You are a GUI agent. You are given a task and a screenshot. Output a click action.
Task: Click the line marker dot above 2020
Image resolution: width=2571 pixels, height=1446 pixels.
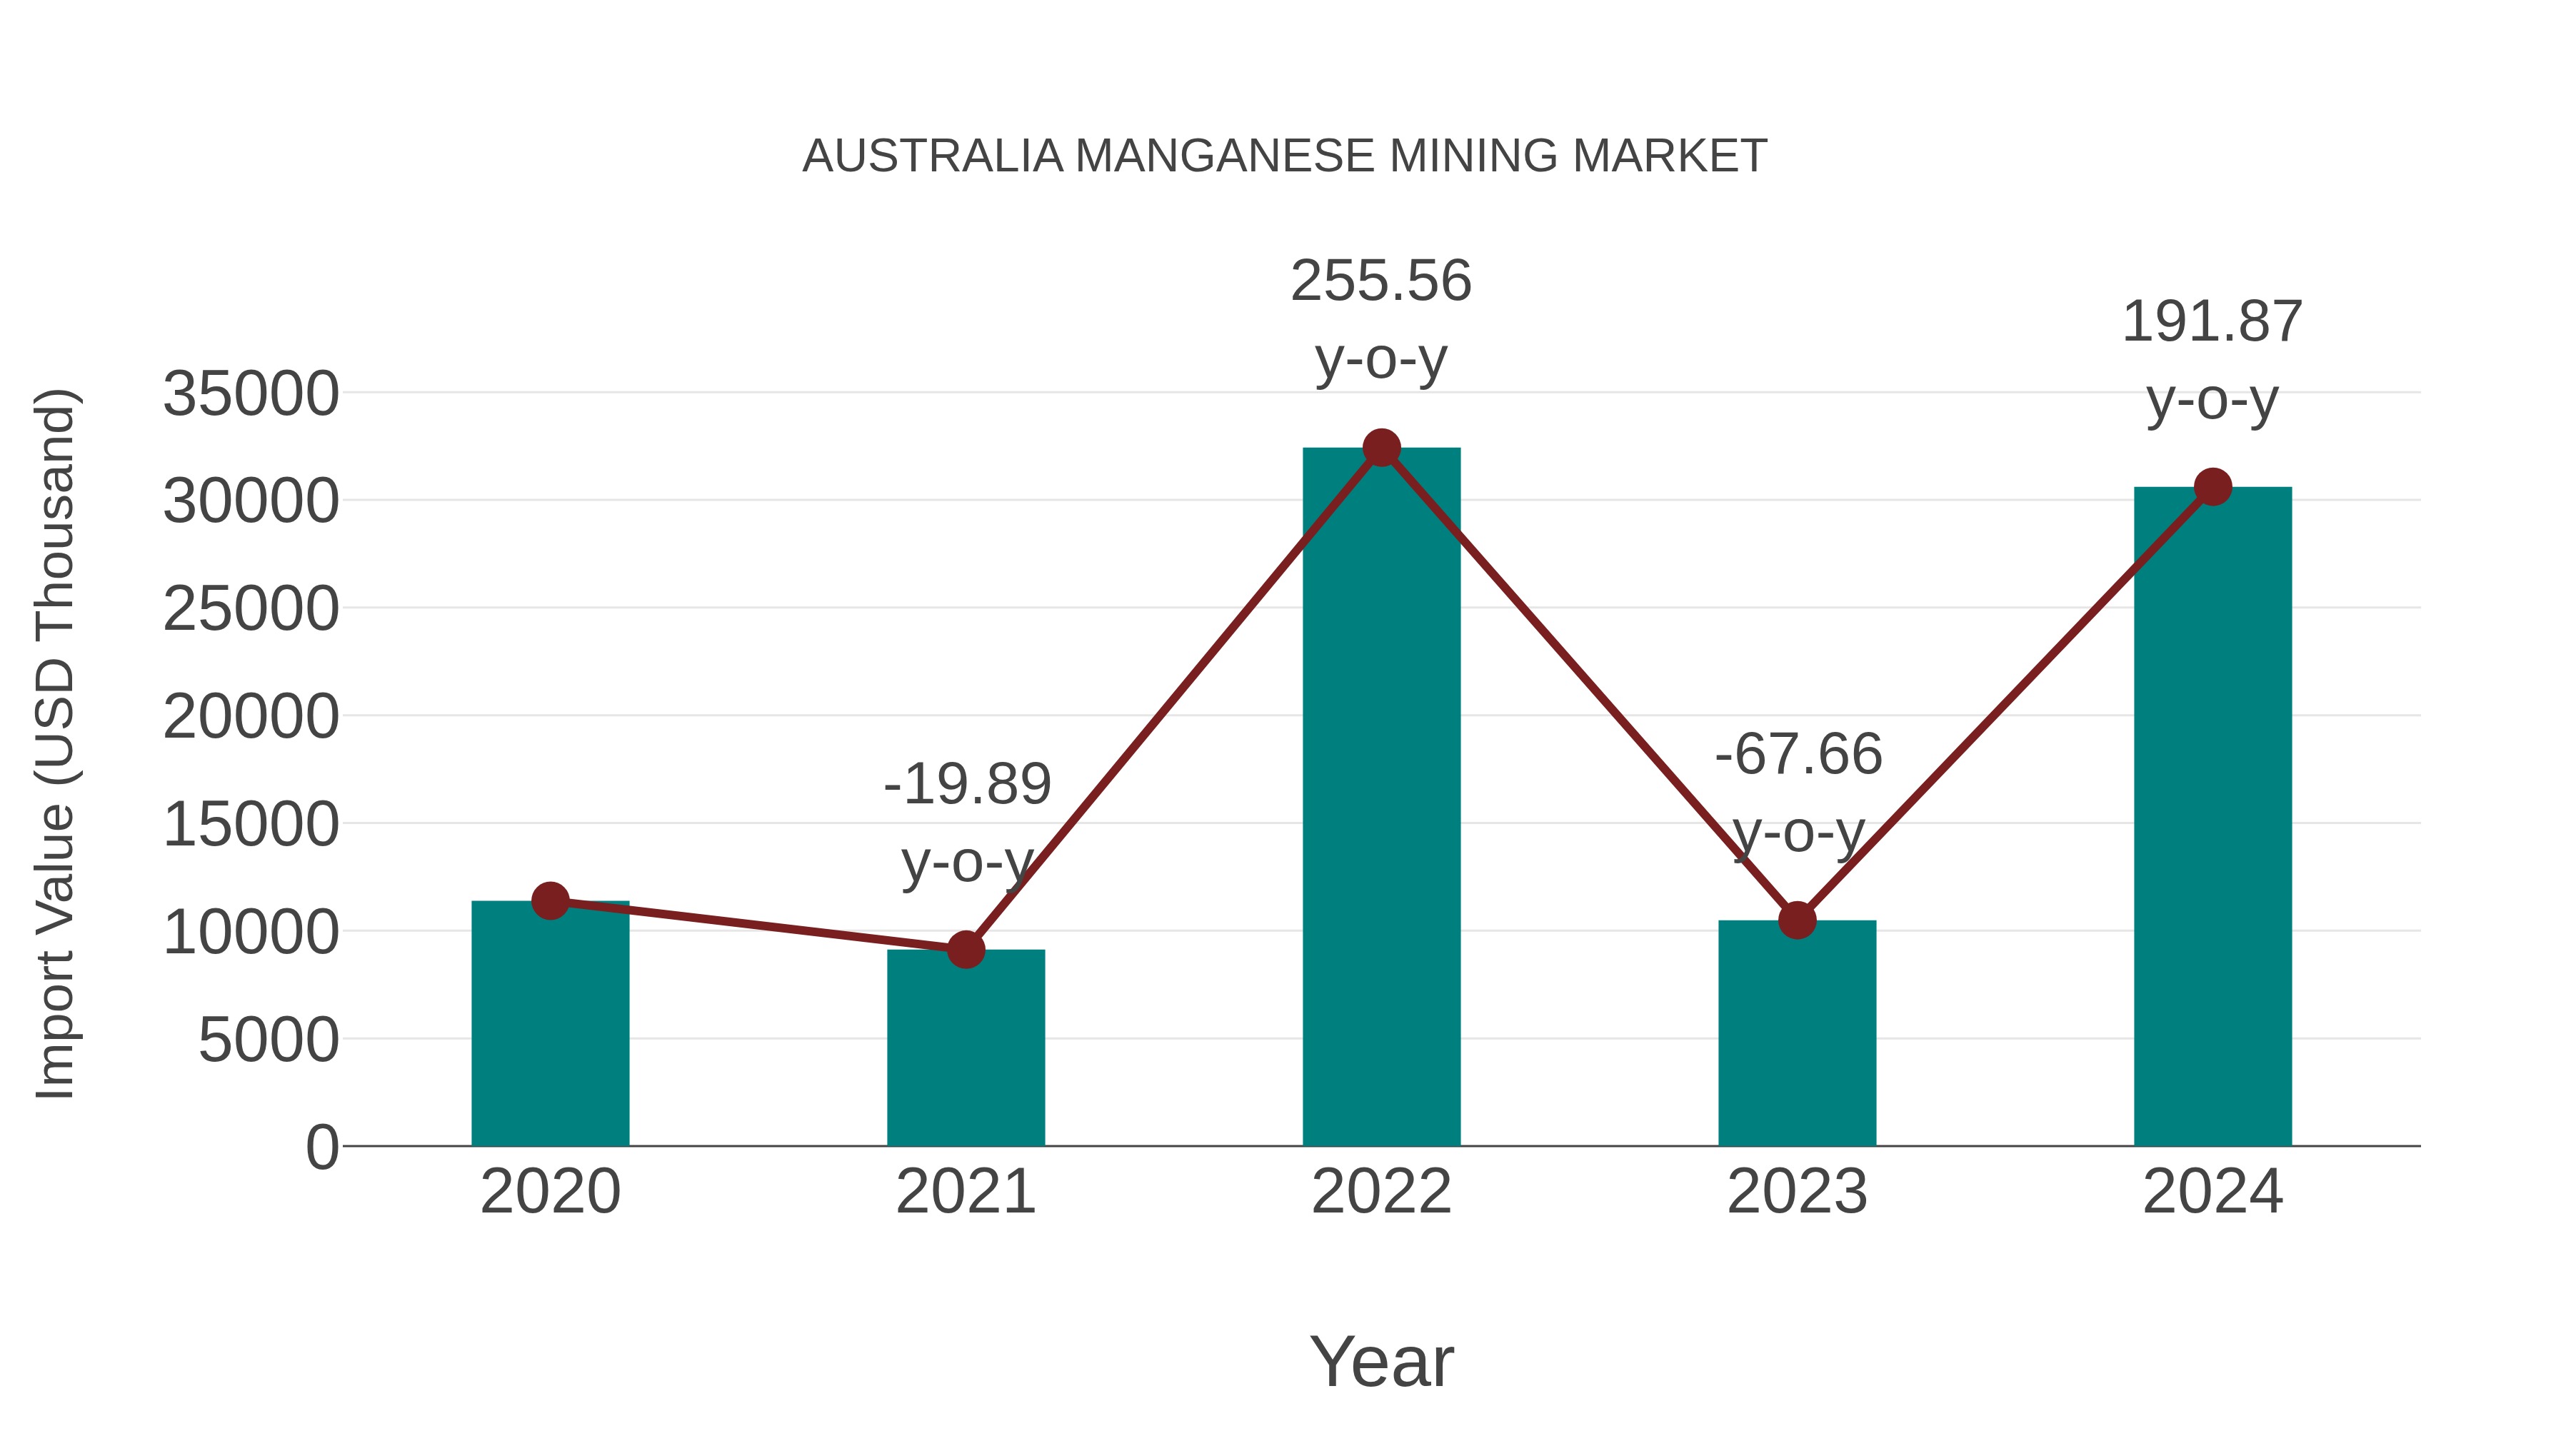[550, 901]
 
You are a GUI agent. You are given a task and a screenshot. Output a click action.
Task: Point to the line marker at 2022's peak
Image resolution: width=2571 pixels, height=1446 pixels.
[1381, 448]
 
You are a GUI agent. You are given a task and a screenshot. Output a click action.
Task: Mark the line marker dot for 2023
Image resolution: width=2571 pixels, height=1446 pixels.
[1797, 920]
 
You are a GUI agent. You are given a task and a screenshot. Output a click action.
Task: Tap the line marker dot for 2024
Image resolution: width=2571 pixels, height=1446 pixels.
[2212, 487]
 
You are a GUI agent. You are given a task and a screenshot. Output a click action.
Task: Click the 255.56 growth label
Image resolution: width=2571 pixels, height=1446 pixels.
[1380, 281]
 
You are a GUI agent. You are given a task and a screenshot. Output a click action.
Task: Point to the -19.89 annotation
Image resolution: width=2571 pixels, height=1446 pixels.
[967, 784]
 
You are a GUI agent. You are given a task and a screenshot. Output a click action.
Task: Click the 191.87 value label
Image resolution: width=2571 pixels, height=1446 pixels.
[2212, 322]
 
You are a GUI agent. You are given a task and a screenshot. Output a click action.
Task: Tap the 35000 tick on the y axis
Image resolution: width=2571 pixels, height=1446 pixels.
[251, 394]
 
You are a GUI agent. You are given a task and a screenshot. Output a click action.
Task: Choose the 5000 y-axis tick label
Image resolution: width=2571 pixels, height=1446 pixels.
[269, 1041]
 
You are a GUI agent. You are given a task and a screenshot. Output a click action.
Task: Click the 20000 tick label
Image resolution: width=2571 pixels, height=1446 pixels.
[251, 718]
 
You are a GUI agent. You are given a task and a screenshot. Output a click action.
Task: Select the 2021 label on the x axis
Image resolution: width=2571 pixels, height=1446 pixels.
[965, 1192]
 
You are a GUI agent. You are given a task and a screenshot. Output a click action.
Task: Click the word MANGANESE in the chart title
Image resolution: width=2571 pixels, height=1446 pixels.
[1225, 156]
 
